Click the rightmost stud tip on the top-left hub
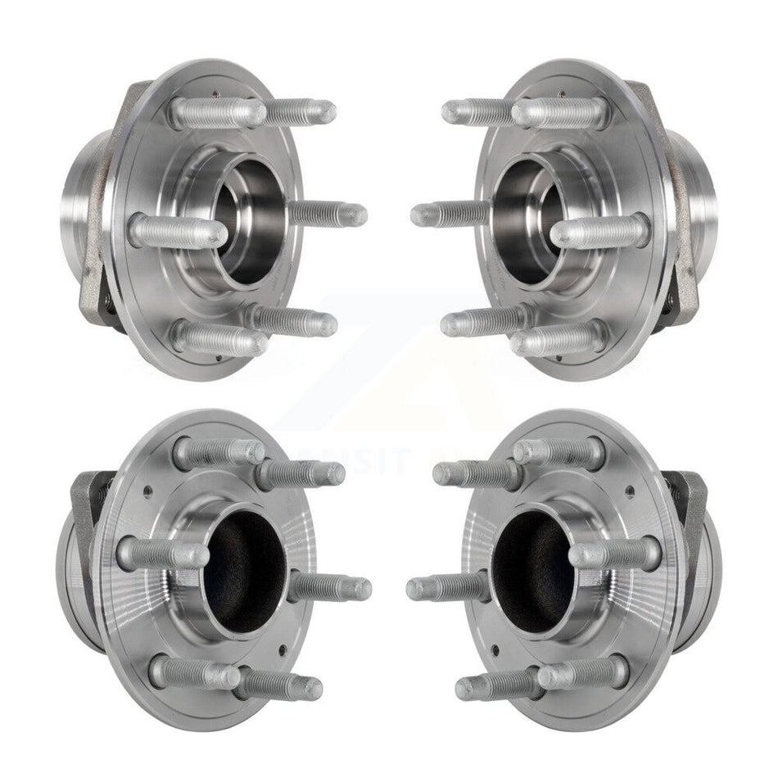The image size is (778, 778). [x=357, y=215]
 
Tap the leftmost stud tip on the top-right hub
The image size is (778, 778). [x=420, y=215]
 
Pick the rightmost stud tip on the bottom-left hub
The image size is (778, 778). [x=360, y=588]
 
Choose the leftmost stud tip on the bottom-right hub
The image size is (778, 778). [x=416, y=588]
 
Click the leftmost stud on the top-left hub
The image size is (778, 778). [x=176, y=232]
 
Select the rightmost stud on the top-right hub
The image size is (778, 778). [x=602, y=232]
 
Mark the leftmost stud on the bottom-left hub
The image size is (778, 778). [x=161, y=554]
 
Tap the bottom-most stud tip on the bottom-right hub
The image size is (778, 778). [x=467, y=688]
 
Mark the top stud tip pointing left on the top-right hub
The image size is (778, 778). [x=452, y=111]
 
